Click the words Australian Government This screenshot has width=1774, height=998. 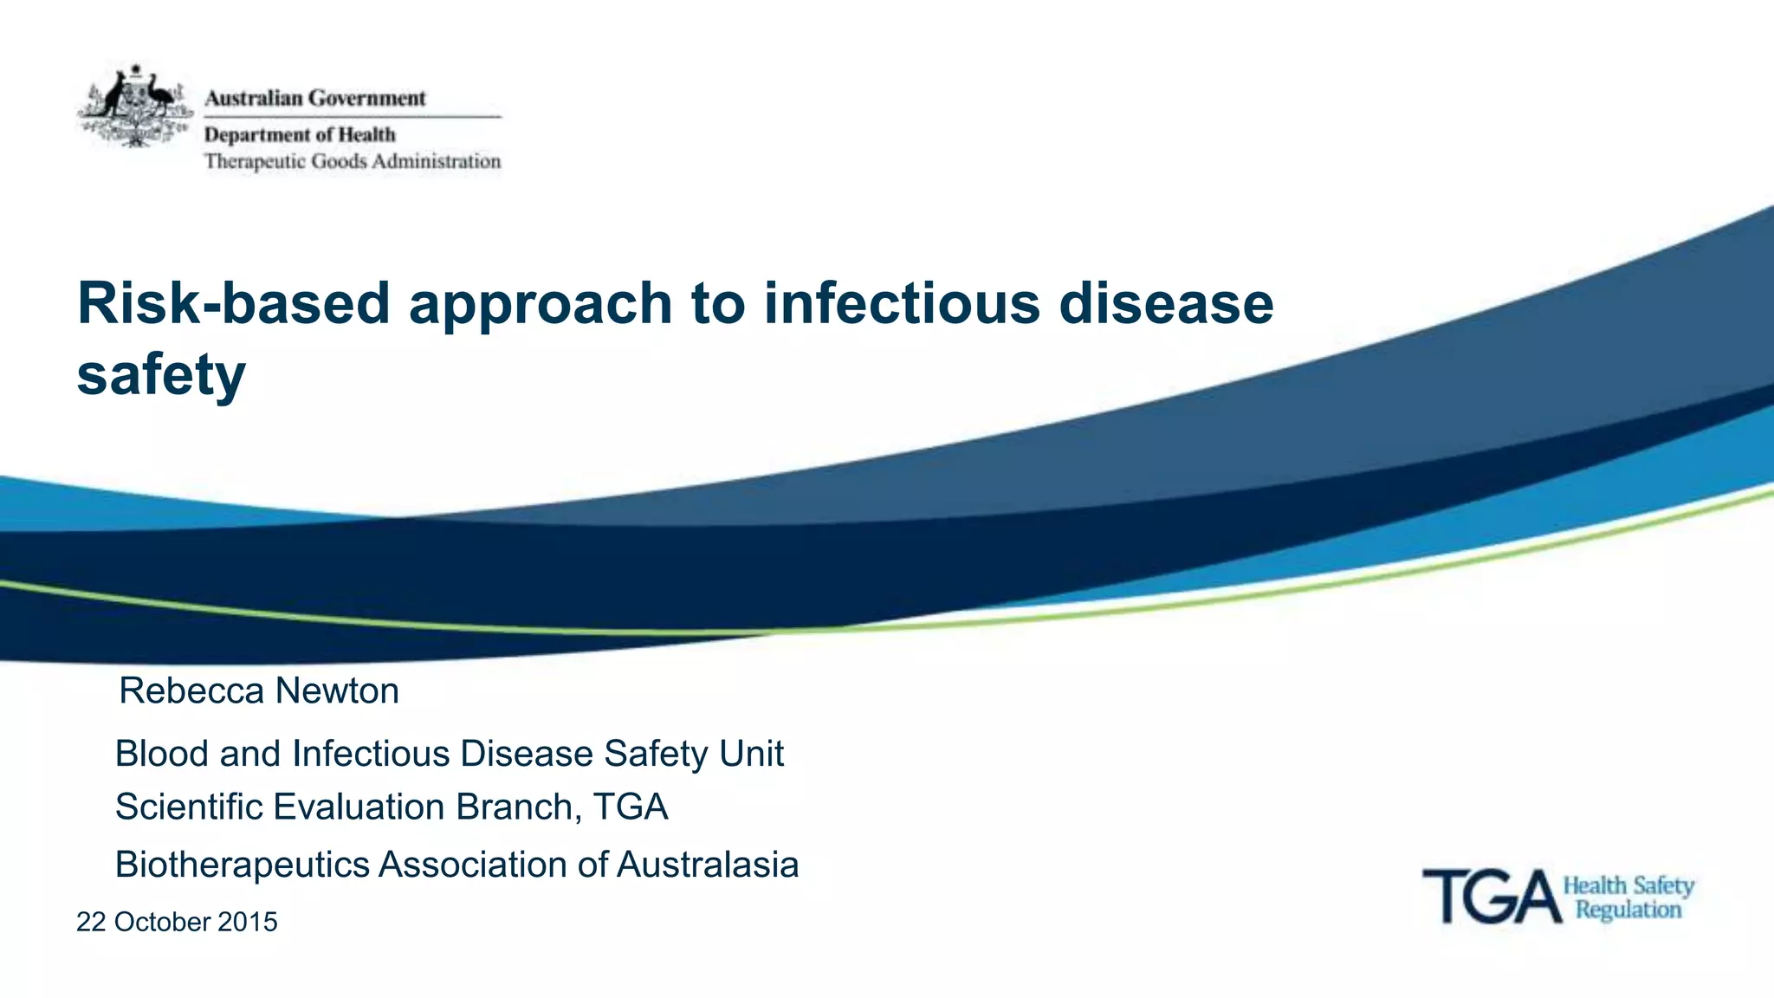click(x=315, y=99)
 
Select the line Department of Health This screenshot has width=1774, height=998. click(x=300, y=135)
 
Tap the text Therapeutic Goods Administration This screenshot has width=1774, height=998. click(x=353, y=162)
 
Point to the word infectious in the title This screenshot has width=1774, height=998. click(x=901, y=304)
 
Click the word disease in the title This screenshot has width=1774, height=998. click(x=1166, y=304)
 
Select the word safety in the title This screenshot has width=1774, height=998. click(x=161, y=375)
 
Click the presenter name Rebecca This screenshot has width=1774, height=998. click(x=191, y=691)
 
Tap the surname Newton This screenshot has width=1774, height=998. click(x=337, y=691)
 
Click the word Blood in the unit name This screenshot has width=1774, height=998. click(x=162, y=754)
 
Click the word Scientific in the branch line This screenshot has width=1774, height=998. click(x=189, y=807)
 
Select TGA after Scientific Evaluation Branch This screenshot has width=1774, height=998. click(x=631, y=807)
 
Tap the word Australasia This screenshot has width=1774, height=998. click(x=707, y=865)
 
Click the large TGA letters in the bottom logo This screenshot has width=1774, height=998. click(x=1492, y=898)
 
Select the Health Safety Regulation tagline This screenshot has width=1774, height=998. click(x=1628, y=898)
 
